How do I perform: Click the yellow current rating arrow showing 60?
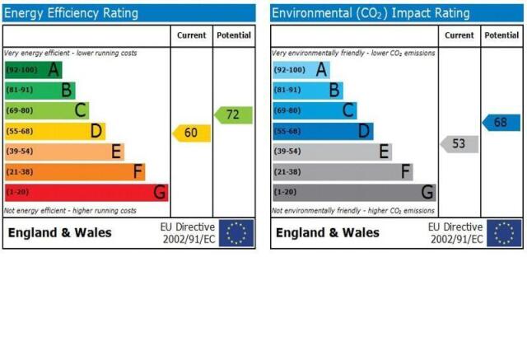point(192,133)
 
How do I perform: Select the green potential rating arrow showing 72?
point(233,115)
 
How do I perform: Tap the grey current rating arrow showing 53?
point(459,144)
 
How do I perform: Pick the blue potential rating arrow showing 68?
point(501,123)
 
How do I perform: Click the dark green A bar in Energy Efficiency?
point(34,70)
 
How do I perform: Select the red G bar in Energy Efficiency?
point(86,193)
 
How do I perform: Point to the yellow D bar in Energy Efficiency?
point(55,131)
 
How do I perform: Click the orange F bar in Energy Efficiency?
point(75,172)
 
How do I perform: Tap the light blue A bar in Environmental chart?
point(301,70)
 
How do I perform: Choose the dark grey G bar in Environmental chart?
point(354,193)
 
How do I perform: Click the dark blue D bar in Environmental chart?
point(323,131)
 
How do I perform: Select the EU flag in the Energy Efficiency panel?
point(236,233)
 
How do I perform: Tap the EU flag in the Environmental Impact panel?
point(504,233)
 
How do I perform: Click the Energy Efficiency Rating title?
point(71,13)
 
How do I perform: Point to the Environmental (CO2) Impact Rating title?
point(371,13)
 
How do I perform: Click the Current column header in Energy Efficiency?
point(192,35)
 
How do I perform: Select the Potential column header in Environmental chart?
point(501,35)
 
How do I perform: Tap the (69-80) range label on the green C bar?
point(20,110)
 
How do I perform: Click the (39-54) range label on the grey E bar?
point(287,152)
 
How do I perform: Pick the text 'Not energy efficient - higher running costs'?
point(70,211)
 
